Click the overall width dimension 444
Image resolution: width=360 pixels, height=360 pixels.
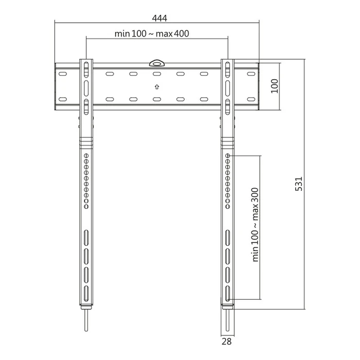click(159, 19)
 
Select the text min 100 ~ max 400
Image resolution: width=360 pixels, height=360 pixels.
click(152, 34)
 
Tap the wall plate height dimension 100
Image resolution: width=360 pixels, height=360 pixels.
click(274, 85)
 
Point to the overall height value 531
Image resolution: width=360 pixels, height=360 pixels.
click(300, 184)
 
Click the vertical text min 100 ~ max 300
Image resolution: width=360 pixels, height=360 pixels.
click(256, 225)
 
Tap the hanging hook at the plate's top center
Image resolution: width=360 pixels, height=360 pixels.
click(156, 63)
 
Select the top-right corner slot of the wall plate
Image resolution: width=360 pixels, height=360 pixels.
click(251, 75)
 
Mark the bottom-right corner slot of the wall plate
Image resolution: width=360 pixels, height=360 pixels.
click(251, 99)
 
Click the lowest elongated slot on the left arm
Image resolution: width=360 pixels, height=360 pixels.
click(86, 294)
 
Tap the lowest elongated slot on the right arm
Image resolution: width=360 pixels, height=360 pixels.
click(227, 294)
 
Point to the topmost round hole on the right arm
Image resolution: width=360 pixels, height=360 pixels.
click(227, 155)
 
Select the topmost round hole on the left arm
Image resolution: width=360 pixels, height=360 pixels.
click(86, 155)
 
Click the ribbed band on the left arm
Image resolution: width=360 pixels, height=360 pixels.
click(86, 140)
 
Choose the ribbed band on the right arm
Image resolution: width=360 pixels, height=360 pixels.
click(227, 140)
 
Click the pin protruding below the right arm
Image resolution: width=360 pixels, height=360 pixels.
click(227, 321)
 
